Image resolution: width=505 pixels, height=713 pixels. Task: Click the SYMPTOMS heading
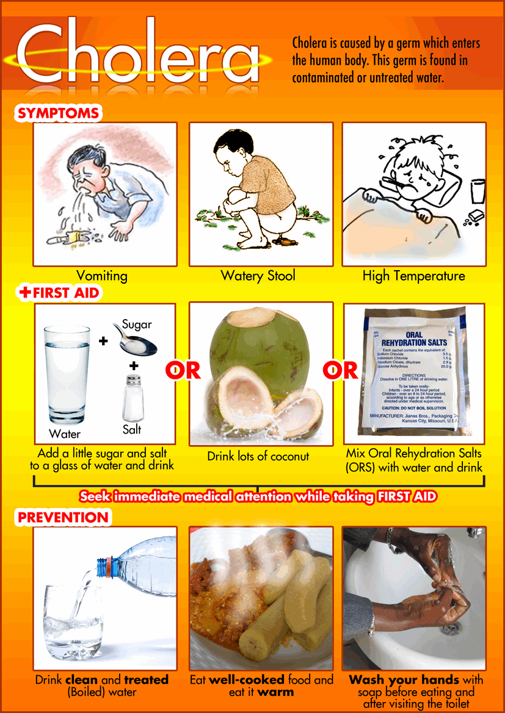tap(58, 113)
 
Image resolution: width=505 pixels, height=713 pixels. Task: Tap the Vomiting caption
tap(102, 276)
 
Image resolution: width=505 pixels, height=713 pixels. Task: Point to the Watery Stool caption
tap(258, 276)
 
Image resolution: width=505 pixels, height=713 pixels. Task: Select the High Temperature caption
tap(413, 276)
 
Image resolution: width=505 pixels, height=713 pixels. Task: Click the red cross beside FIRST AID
tap(25, 293)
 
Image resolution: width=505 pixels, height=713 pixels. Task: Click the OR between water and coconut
tap(183, 370)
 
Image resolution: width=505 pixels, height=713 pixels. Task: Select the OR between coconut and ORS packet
tap(340, 370)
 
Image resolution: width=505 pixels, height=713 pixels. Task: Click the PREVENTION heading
tap(63, 518)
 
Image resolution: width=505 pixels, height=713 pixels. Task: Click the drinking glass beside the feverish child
tap(478, 192)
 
